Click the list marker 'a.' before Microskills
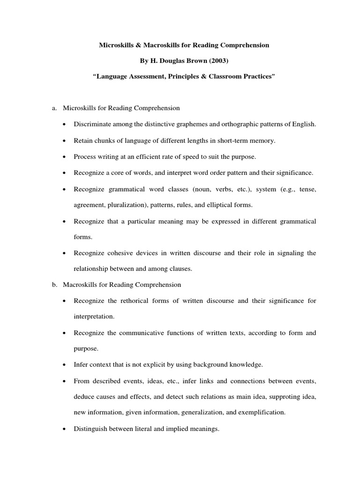(x=54, y=108)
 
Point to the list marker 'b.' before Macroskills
(x=54, y=285)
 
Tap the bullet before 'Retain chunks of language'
(x=64, y=141)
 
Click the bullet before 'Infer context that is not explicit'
(x=64, y=365)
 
